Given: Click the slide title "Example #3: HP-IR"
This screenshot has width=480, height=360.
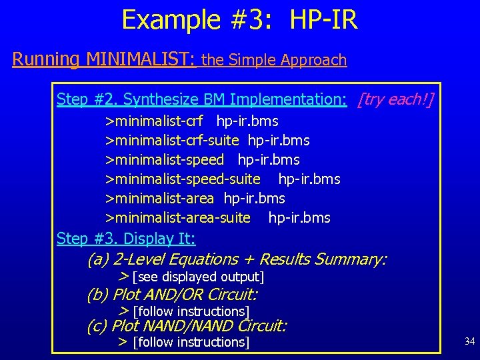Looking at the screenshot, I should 239,20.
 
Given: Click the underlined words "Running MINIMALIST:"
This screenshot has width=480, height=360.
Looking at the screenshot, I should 103,59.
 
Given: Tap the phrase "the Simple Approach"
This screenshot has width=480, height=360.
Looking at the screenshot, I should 273,60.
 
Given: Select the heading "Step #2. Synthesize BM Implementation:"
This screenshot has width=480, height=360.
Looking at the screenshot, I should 201,100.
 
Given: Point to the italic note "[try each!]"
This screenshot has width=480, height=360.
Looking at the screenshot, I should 395,100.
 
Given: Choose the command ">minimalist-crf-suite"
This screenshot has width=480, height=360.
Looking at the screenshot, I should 172,141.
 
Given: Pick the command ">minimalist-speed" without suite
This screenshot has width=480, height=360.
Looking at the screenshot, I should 164,161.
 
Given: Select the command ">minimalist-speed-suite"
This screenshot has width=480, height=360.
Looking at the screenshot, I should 183,179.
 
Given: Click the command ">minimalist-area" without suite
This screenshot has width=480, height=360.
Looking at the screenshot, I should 159,199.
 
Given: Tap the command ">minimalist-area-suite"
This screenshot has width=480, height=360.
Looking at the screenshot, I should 178,218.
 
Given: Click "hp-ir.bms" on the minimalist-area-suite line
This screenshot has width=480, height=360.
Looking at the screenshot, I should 299,218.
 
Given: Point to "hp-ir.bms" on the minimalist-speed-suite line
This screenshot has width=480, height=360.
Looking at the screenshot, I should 309,179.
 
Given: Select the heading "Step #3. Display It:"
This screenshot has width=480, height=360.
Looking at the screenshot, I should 126,238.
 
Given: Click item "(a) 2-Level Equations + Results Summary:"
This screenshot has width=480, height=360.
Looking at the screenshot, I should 237,259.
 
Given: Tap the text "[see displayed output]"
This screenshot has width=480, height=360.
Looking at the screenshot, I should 198,277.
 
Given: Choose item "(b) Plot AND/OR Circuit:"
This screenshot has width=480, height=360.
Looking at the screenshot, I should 172,295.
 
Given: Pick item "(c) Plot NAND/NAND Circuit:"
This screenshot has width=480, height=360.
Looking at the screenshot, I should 187,326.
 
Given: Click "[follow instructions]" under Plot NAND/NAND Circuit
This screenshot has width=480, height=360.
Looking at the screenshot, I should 191,343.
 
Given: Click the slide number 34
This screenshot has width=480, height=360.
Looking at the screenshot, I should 469,342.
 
